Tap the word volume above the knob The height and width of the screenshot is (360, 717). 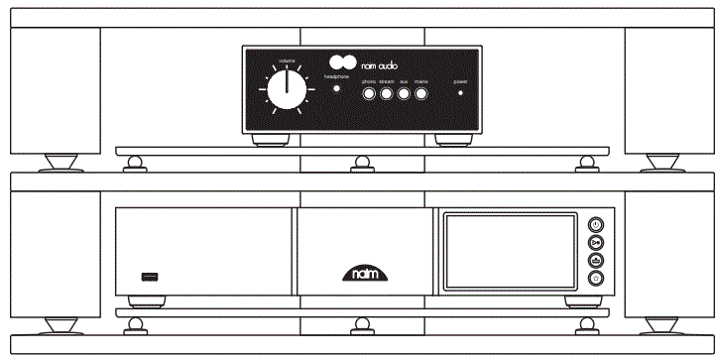coord(286,61)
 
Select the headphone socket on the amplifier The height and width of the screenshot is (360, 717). coord(335,91)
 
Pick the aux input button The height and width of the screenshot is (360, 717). coord(404,94)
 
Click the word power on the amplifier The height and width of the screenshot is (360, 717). coord(460,80)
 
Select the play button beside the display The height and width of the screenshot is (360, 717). coord(595,241)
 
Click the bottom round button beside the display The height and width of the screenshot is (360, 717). coord(595,279)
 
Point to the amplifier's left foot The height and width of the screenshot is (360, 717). coord(267,139)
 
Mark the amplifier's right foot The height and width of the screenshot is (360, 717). coord(452,139)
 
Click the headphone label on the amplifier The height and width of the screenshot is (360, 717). coord(338,76)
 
